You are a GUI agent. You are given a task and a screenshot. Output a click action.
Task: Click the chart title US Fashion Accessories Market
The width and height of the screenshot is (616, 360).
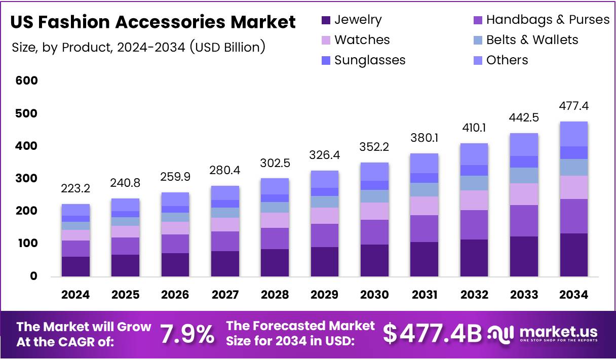152,22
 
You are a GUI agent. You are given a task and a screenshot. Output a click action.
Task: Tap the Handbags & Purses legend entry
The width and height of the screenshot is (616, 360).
548,20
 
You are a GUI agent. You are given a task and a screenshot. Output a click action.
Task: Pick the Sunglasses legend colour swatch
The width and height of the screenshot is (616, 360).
326,60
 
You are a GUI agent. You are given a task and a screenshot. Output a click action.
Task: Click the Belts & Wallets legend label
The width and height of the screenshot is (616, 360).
532,40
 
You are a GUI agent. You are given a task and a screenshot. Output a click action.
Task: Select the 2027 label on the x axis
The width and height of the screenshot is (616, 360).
225,295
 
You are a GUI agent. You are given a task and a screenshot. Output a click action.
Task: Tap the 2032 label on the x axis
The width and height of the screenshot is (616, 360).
474,295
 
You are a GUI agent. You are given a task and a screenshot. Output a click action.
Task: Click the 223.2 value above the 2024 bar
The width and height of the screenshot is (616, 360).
76,189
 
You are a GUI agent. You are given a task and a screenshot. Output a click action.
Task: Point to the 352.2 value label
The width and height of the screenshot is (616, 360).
374,147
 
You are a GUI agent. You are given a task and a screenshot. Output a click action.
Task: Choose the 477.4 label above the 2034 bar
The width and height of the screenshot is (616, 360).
573,106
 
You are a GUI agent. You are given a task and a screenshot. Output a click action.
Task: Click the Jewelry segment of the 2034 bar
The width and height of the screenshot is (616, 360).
573,255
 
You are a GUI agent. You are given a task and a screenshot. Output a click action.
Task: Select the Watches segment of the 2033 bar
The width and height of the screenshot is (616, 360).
524,194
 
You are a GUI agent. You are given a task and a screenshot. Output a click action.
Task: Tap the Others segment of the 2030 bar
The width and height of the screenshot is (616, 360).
374,172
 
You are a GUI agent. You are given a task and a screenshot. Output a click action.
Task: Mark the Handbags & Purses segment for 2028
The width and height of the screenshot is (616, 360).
275,238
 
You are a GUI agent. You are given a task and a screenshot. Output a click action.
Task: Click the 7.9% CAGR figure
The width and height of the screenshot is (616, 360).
187,334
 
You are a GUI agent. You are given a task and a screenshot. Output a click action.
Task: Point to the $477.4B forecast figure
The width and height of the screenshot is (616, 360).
432,334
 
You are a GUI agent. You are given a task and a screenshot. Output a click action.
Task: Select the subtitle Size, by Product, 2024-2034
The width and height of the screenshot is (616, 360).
138,48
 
